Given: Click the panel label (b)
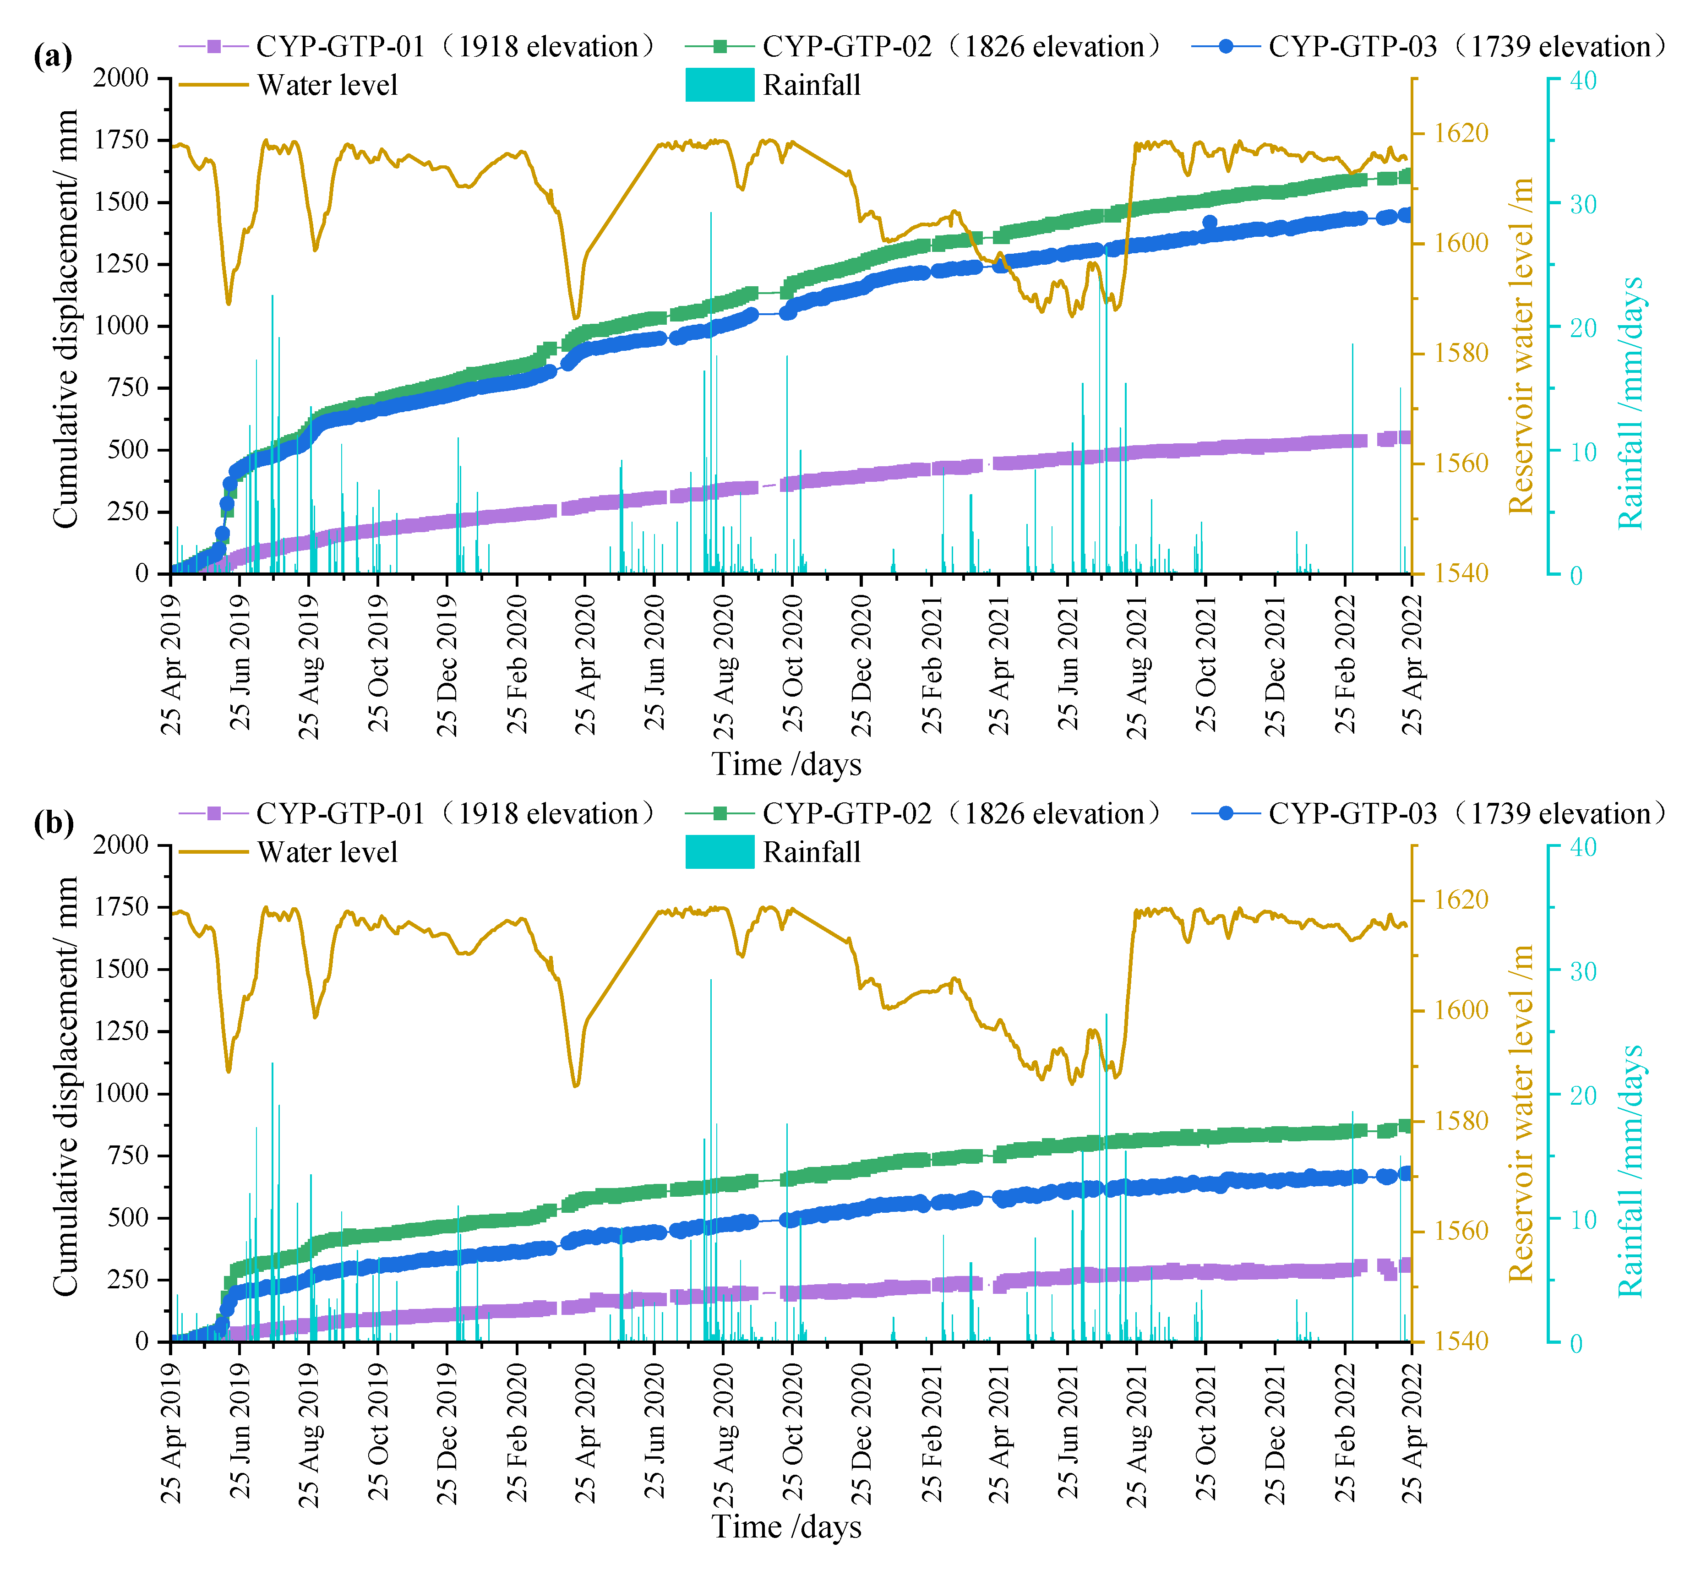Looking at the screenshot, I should point(53,823).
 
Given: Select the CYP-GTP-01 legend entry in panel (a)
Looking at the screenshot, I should point(416,47).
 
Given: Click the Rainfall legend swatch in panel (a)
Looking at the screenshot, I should point(720,85).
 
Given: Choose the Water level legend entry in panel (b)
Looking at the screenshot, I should point(289,852).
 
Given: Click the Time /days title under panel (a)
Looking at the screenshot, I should point(786,764).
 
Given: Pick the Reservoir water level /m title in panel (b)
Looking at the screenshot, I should point(1521,1113).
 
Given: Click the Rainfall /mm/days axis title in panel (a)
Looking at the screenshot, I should point(1630,403).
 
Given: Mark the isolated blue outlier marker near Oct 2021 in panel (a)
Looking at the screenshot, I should point(1210,223).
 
